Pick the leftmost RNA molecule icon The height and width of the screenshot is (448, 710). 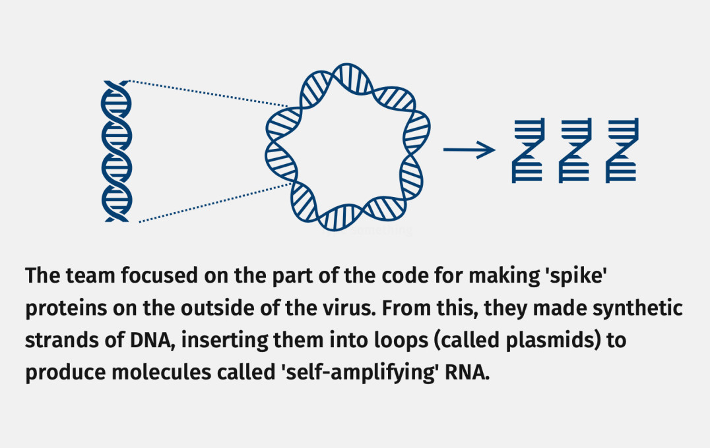point(527,150)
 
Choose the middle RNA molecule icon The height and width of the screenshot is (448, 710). point(574,150)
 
